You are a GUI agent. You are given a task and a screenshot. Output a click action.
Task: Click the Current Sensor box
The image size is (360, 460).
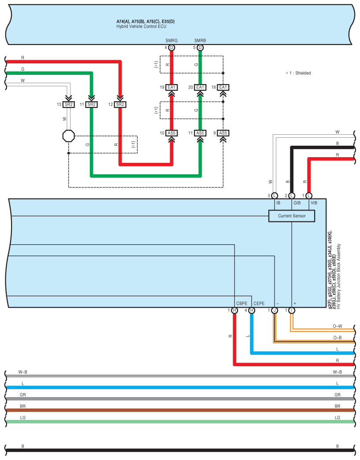(x=292, y=216)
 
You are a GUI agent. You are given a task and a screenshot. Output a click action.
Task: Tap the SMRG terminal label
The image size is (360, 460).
(x=171, y=40)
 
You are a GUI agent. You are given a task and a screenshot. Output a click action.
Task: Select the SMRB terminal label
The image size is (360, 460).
(x=200, y=40)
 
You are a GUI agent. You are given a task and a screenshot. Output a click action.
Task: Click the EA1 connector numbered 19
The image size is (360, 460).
(x=171, y=87)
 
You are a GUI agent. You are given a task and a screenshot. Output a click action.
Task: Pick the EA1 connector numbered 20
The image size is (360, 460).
(x=200, y=87)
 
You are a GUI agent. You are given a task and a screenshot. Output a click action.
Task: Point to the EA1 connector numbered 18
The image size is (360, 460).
(x=223, y=87)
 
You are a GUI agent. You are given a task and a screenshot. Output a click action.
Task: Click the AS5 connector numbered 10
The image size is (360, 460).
(x=171, y=133)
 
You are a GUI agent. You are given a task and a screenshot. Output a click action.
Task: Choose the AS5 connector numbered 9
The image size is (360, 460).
(x=223, y=133)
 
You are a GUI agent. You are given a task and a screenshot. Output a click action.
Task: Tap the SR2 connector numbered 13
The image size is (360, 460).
(x=68, y=104)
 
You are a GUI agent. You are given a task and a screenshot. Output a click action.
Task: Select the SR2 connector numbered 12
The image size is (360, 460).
(x=120, y=104)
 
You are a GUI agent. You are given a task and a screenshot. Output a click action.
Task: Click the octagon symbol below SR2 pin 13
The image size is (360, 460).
(x=68, y=136)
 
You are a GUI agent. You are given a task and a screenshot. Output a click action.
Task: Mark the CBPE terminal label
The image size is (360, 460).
(x=242, y=303)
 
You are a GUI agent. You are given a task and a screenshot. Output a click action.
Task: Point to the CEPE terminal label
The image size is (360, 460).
(x=259, y=303)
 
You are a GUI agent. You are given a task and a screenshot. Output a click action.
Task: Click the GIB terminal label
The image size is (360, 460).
(x=297, y=203)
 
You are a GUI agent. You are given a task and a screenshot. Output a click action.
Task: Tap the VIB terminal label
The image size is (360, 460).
(x=314, y=203)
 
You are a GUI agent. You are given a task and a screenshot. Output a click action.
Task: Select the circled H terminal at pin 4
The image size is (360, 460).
(x=252, y=310)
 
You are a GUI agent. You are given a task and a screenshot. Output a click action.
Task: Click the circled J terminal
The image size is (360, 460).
(x=275, y=310)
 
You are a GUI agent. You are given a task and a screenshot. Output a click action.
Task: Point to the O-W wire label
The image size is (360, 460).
(x=338, y=326)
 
